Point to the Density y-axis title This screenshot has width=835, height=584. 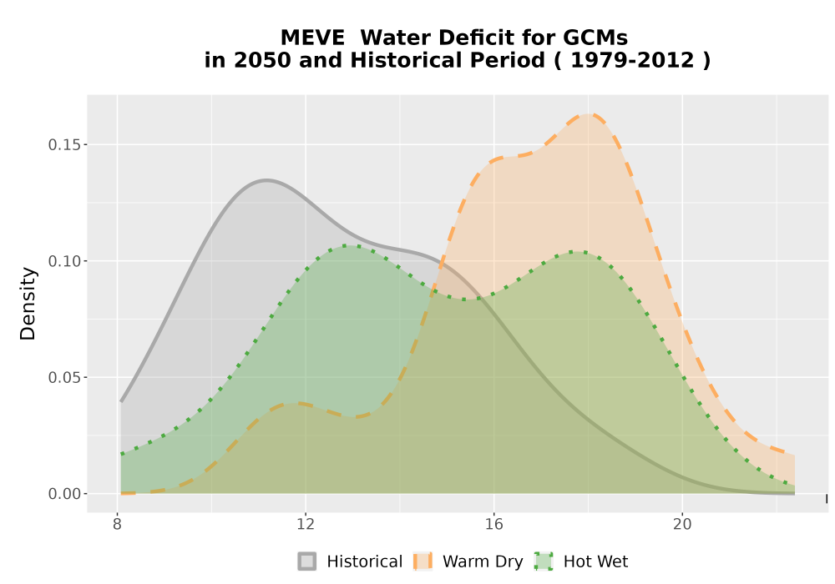[x=28, y=304]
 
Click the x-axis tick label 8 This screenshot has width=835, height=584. [x=118, y=525]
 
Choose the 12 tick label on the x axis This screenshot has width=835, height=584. [x=306, y=525]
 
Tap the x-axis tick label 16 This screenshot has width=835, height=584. [x=494, y=525]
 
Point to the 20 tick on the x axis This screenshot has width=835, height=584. [x=682, y=525]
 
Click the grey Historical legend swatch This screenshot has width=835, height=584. [x=306, y=561]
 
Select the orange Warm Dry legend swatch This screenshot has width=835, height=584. [x=423, y=561]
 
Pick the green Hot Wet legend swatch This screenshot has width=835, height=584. [x=544, y=561]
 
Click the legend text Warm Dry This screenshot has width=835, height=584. [x=483, y=561]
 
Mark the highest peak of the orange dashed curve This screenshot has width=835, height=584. [x=589, y=113]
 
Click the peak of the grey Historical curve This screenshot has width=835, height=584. [x=266, y=180]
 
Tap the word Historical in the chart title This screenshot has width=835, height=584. [x=448, y=60]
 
